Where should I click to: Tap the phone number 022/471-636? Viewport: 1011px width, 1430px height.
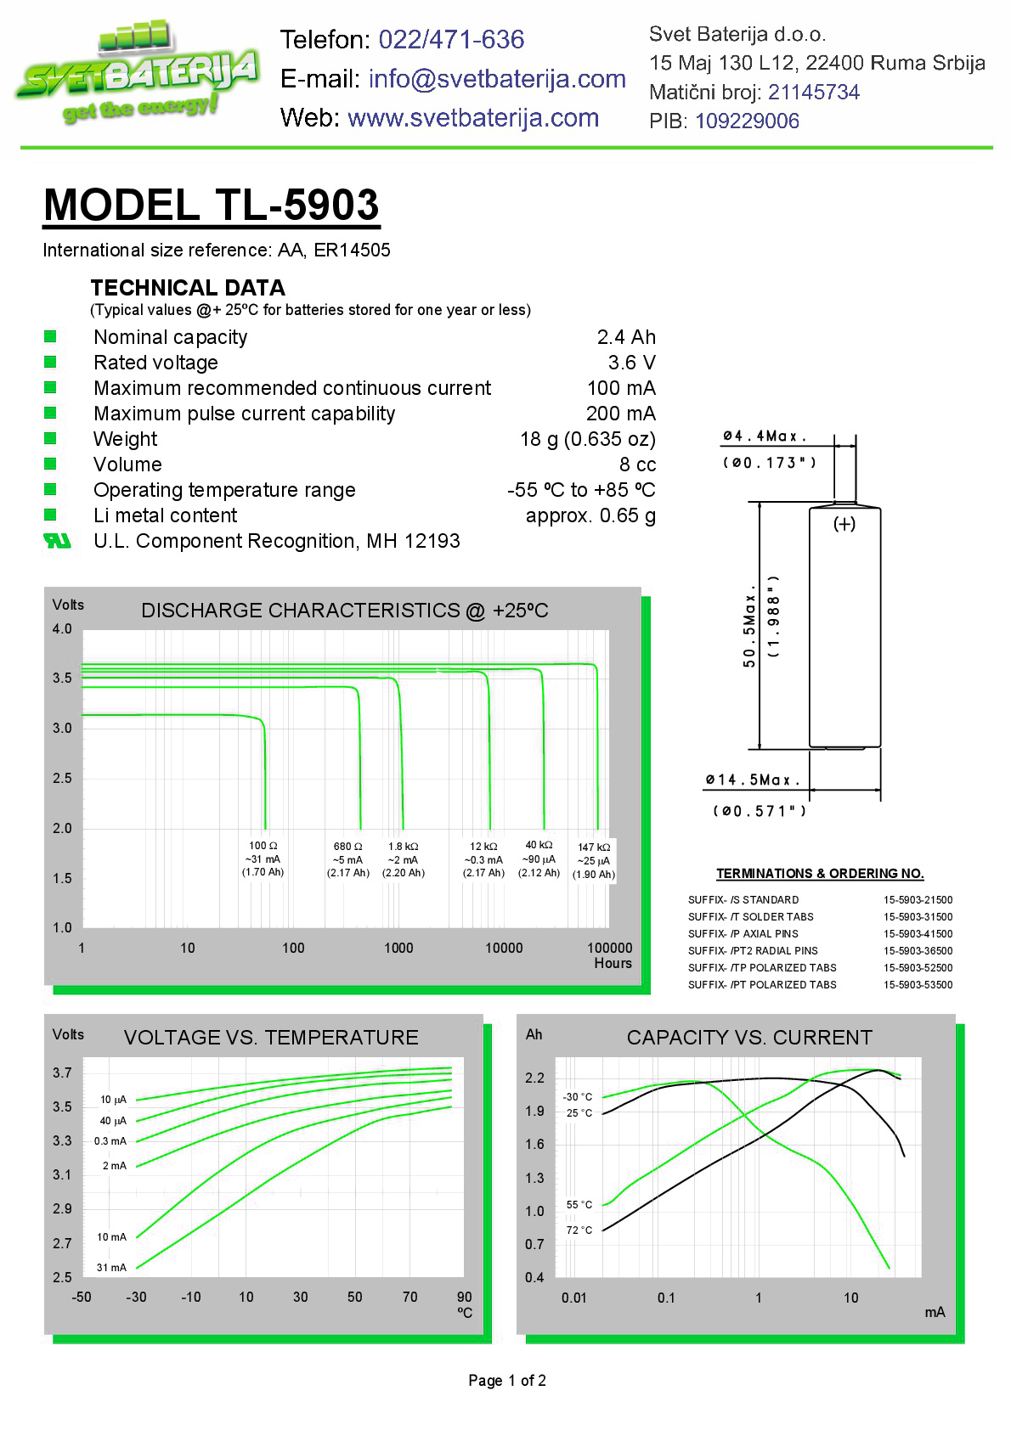pyautogui.click(x=451, y=39)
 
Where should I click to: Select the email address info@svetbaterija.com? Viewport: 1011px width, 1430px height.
pyautogui.click(x=497, y=79)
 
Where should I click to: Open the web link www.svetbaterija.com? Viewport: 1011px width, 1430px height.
pyautogui.click(x=473, y=118)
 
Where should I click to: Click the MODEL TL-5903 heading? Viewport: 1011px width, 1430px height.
pyautogui.click(x=212, y=205)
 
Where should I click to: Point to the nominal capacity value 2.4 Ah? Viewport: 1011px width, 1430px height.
pyautogui.click(x=626, y=337)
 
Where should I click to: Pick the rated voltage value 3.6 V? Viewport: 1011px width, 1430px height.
pyautogui.click(x=631, y=363)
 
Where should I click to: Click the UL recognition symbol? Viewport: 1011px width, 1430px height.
pyautogui.click(x=57, y=541)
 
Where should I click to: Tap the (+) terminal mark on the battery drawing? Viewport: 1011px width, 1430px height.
pyautogui.click(x=844, y=524)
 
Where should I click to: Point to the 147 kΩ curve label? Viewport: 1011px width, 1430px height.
pyautogui.click(x=594, y=847)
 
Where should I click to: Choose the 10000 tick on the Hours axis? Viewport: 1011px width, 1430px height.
pyautogui.click(x=504, y=948)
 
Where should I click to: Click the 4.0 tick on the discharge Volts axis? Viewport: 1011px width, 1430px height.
pyautogui.click(x=62, y=629)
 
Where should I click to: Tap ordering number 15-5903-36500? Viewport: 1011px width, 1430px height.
pyautogui.click(x=918, y=951)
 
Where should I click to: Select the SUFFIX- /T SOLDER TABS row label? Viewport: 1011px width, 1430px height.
pyautogui.click(x=751, y=917)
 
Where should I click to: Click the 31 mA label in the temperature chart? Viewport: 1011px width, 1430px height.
pyautogui.click(x=111, y=1268)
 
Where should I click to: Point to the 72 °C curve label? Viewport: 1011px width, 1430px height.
pyautogui.click(x=579, y=1230)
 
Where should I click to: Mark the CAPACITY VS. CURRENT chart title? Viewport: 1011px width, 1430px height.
pyautogui.click(x=749, y=1038)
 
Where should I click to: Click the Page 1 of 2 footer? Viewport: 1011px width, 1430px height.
pyautogui.click(x=507, y=1381)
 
